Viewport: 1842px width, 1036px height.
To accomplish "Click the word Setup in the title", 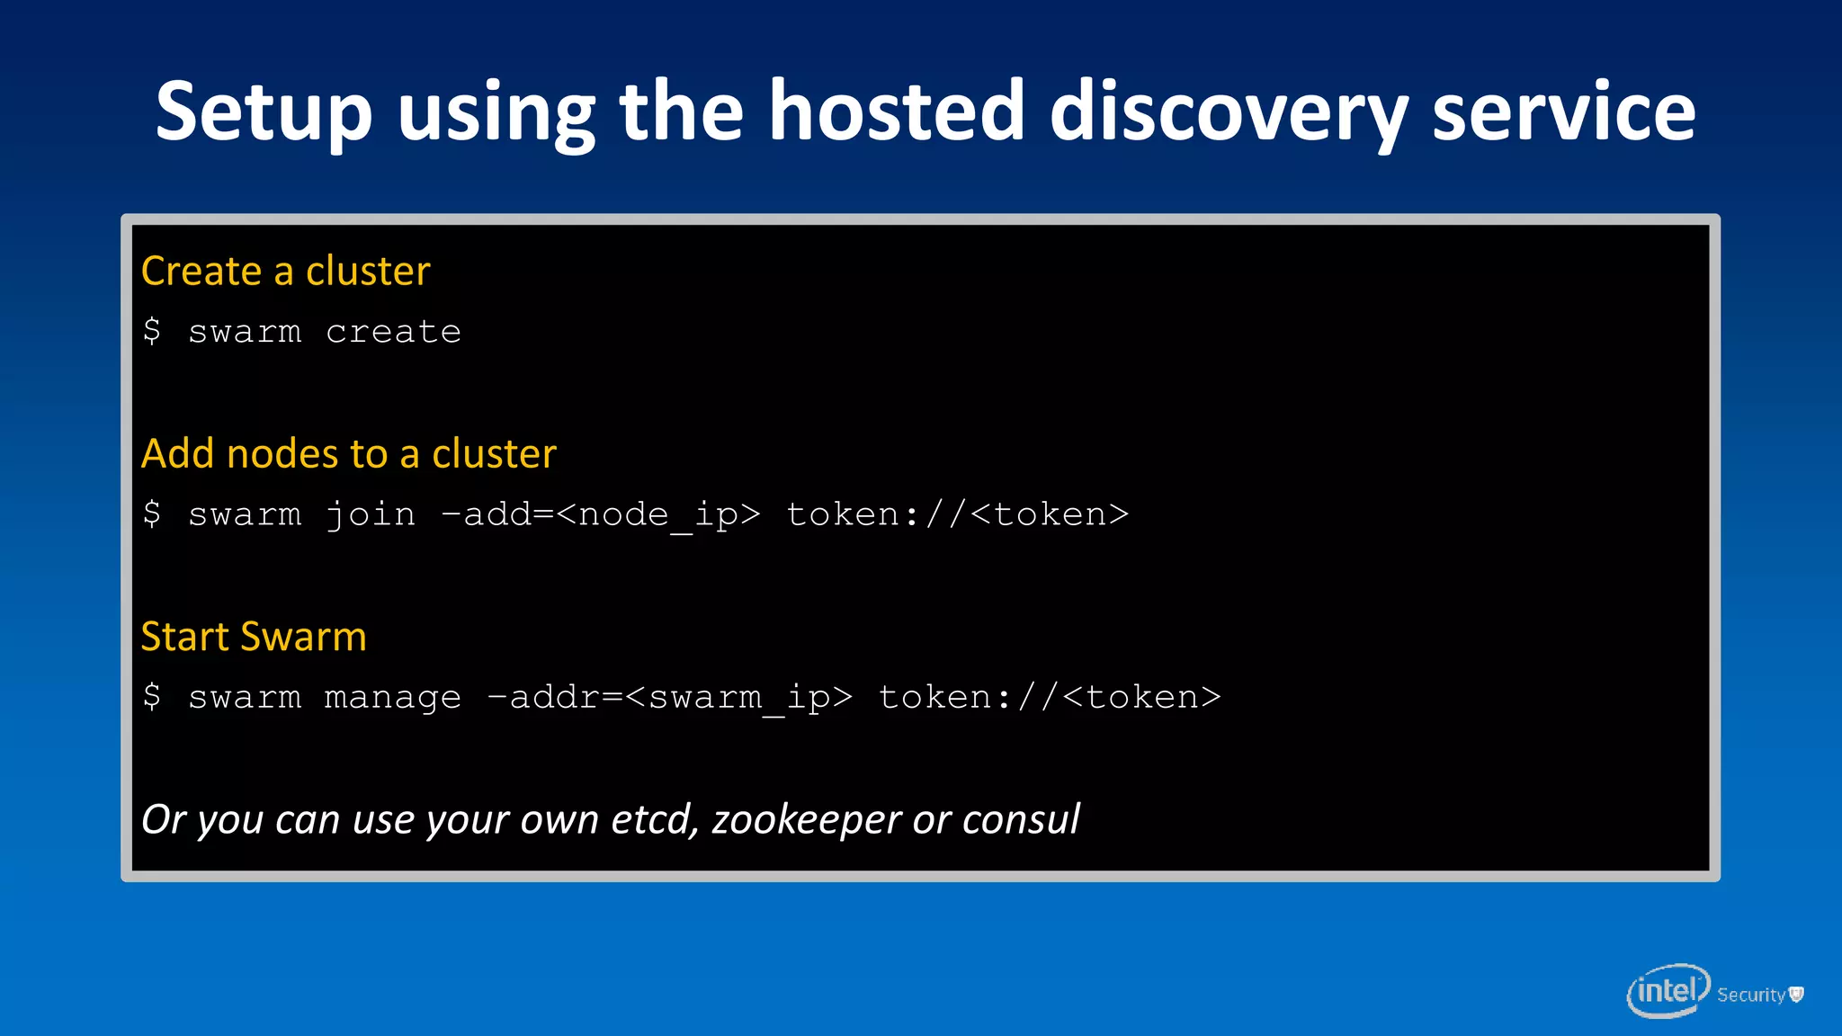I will pyautogui.click(x=264, y=112).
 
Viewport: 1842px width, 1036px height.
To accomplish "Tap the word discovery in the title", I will pyautogui.click(x=1228, y=112).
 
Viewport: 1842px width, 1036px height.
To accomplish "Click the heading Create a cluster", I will pyautogui.click(x=286, y=271).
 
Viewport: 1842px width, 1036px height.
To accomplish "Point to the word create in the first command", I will pyautogui.click(x=393, y=332).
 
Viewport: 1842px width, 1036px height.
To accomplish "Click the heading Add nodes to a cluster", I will pyautogui.click(x=349, y=453).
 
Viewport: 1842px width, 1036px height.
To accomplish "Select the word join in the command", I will pyautogui.click(x=370, y=515).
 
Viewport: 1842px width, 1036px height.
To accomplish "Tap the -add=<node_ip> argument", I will pyautogui.click(x=600, y=515).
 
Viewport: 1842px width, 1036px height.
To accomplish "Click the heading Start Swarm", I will pyautogui.click(x=254, y=637).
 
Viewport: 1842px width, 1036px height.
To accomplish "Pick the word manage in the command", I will pyautogui.click(x=392, y=698).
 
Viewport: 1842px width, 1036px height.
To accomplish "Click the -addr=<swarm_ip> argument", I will pyautogui.click(x=669, y=698).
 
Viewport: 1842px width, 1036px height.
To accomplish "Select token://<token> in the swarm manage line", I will pyautogui.click(x=1049, y=698).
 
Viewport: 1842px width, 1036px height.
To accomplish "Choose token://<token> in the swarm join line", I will pyautogui.click(x=957, y=515).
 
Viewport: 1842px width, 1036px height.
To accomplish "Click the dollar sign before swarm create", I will pyautogui.click(x=152, y=332).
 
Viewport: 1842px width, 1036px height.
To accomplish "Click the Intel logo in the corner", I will pyautogui.click(x=1667, y=991).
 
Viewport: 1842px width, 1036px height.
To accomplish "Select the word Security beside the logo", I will pyautogui.click(x=1750, y=995).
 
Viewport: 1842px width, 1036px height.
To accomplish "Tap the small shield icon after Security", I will pyautogui.click(x=1796, y=994).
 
